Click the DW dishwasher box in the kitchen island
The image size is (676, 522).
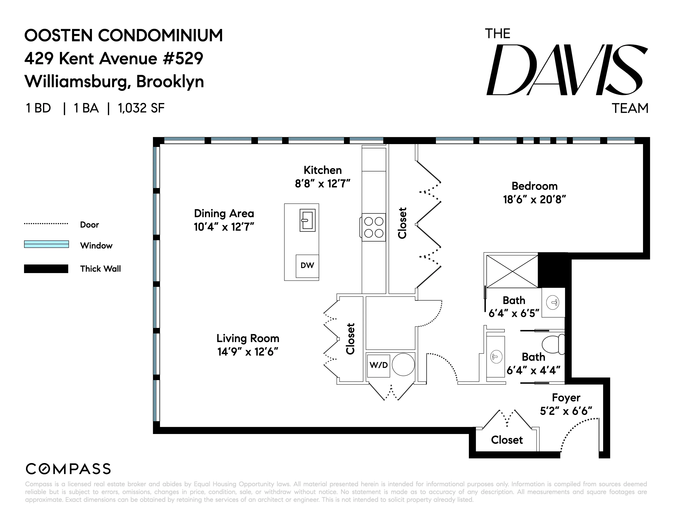[x=307, y=265]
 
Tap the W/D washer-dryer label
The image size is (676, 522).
[x=378, y=365]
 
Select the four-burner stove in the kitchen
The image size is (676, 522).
[x=374, y=227]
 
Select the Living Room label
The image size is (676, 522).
[x=248, y=338]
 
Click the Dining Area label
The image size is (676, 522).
[x=224, y=213]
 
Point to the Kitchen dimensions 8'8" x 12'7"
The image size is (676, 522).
[x=322, y=184]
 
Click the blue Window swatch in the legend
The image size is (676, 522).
[x=47, y=244]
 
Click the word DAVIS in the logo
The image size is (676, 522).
[x=566, y=70]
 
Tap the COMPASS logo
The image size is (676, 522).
[x=68, y=469]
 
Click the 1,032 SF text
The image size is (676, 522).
[x=141, y=108]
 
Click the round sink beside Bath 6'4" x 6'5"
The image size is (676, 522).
[x=553, y=302]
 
